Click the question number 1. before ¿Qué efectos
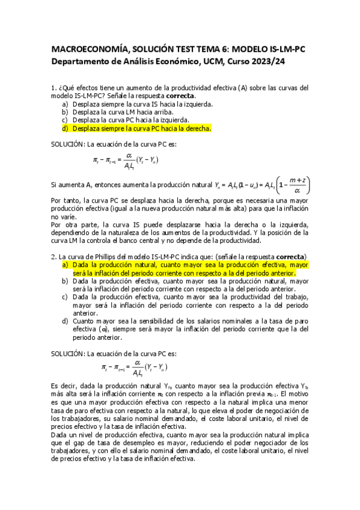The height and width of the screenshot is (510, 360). coord(53,88)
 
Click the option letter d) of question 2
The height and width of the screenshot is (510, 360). coord(64,321)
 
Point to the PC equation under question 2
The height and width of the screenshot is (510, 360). coord(134,367)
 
